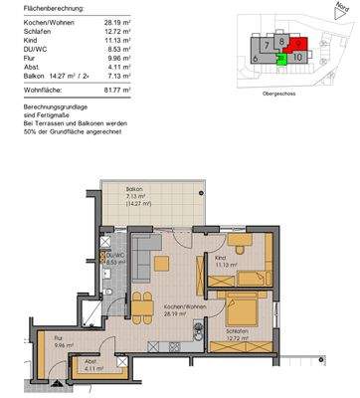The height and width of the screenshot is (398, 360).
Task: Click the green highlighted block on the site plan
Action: [x=282, y=60]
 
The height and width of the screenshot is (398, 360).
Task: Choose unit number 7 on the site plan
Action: [x=269, y=46]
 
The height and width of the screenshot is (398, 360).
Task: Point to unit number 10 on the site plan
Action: [x=299, y=59]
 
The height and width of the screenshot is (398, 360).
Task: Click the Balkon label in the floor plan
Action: [x=133, y=189]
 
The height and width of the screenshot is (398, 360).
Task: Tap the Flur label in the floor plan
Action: [x=59, y=339]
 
